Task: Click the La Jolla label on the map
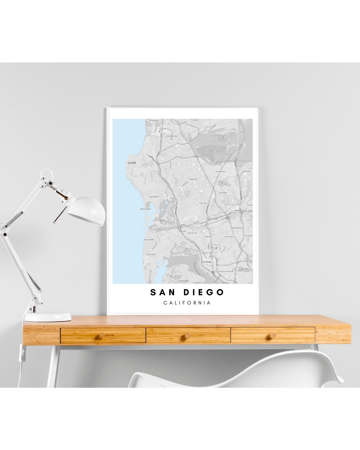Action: point(132,163)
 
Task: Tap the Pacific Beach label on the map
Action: point(154,197)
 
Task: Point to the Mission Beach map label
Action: point(146,209)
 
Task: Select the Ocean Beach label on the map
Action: point(149,240)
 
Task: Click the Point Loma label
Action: point(151,254)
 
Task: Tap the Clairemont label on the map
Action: point(193,179)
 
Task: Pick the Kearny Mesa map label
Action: point(221,171)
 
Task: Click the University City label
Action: point(172,136)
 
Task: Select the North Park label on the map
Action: point(229,237)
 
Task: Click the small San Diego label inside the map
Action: point(207,262)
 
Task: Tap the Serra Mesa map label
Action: point(223,193)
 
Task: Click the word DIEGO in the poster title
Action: point(203,292)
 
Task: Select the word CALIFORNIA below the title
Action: point(187,303)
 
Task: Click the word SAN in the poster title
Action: point(162,292)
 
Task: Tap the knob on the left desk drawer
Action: point(103,335)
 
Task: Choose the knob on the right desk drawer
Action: point(273,335)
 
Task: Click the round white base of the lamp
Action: point(48,317)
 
